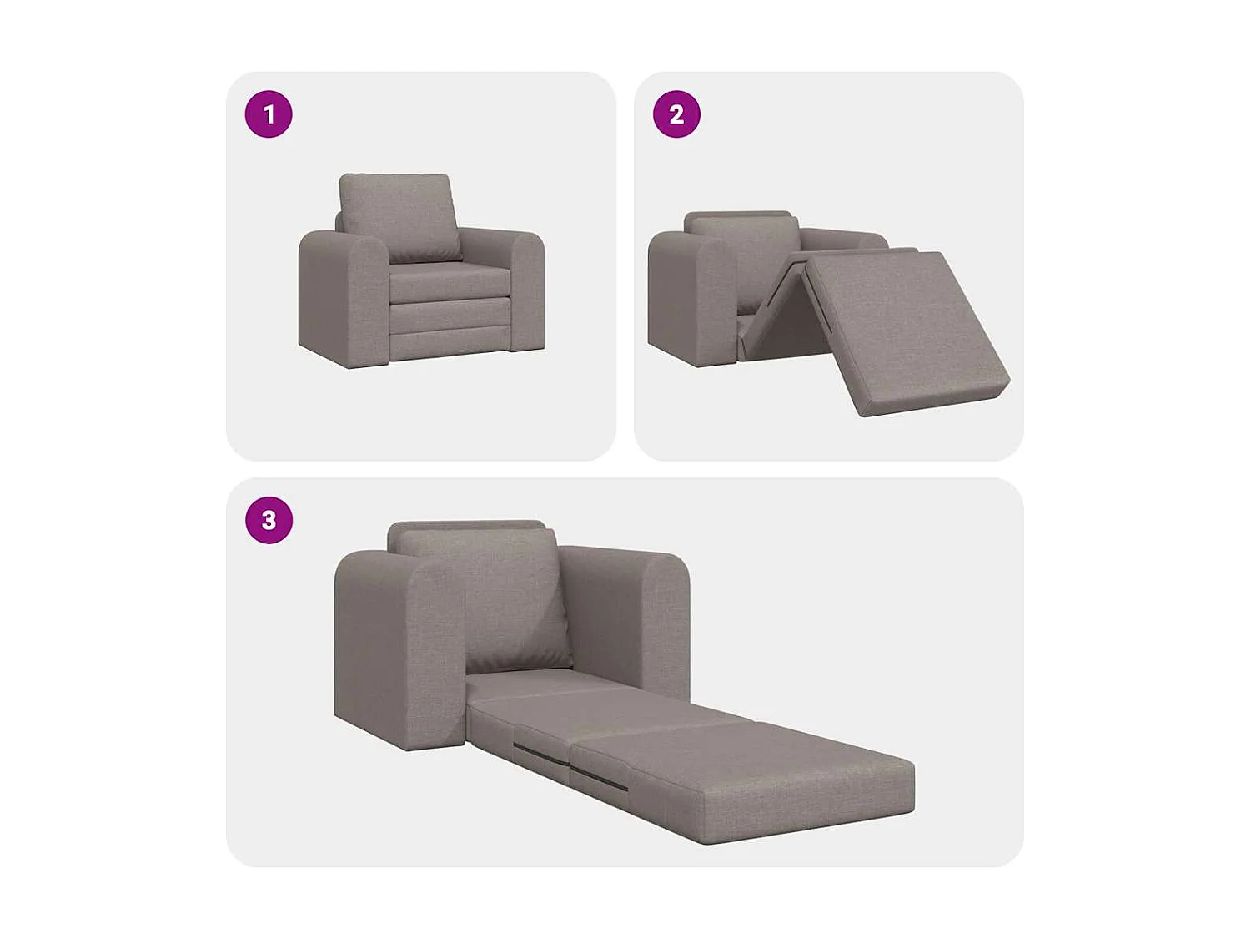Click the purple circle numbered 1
pos(269,114)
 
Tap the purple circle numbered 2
pos(676,114)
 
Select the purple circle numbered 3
pos(269,520)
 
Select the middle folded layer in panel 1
pos(449,315)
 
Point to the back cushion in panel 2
pos(742,250)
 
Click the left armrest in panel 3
pos(392,651)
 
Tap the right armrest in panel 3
pos(634,618)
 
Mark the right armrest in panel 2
pos(842,237)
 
